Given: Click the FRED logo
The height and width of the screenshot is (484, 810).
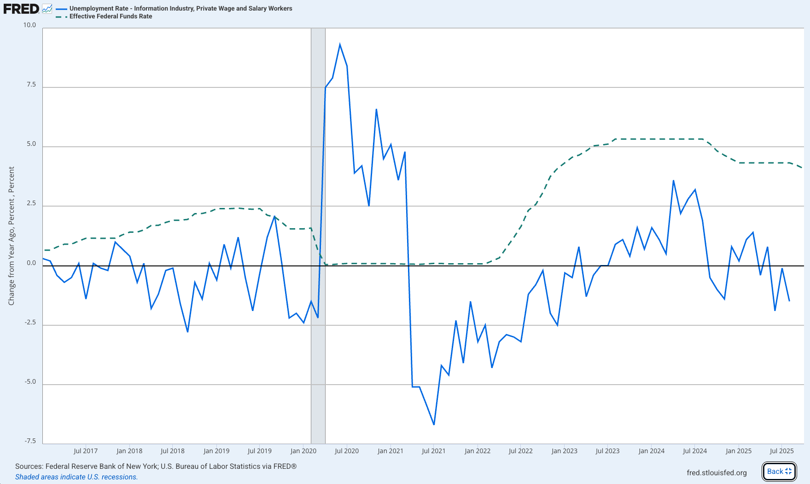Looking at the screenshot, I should [21, 9].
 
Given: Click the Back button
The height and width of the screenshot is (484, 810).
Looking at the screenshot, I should [779, 471].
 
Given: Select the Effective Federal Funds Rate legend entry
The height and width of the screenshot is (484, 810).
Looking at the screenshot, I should [111, 16].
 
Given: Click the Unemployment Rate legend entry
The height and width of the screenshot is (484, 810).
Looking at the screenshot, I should [181, 8].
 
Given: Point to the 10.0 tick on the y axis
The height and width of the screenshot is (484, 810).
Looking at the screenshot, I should [29, 25].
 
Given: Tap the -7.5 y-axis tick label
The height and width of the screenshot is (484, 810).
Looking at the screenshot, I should [30, 441].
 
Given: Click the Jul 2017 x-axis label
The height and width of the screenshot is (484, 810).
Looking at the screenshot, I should [86, 451].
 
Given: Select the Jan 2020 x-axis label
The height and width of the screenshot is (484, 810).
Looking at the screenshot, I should [303, 451].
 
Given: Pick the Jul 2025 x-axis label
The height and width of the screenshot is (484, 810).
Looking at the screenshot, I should [781, 451].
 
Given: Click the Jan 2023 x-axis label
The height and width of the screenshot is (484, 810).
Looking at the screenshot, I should [564, 451].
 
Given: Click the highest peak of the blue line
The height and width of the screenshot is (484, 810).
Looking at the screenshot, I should [340, 45].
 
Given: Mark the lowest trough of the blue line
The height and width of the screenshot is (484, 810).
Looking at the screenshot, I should [434, 424].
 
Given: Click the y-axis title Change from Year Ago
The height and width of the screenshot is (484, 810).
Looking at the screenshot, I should [12, 236].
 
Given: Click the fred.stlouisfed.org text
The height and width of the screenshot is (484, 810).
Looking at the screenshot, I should [717, 472].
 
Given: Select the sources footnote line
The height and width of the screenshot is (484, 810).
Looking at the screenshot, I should [156, 466].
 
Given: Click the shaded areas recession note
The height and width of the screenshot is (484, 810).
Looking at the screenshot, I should [76, 477].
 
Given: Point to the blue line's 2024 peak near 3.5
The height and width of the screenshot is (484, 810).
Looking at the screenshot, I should [673, 181].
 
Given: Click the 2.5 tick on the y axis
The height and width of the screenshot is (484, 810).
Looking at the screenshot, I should [31, 203].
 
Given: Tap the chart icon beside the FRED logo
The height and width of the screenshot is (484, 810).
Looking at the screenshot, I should [47, 8].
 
